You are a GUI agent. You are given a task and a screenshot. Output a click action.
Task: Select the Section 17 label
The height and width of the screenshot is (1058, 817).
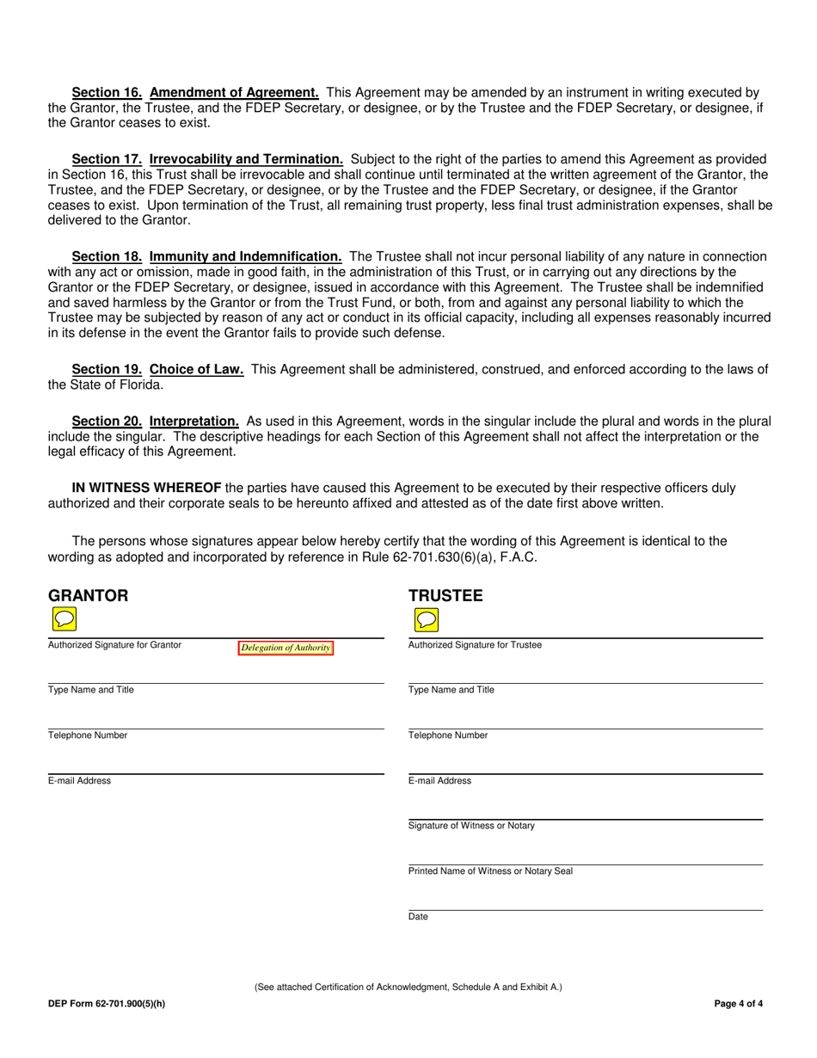coord(107,159)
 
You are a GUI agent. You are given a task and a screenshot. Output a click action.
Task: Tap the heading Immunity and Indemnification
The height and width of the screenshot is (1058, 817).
coord(245,256)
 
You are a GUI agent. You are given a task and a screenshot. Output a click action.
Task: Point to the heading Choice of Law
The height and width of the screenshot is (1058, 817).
coord(196,369)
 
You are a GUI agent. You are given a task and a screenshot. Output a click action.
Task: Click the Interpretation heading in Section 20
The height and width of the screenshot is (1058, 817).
coord(193,421)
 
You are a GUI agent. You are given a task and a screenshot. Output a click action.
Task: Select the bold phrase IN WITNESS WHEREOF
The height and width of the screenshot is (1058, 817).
coord(146,488)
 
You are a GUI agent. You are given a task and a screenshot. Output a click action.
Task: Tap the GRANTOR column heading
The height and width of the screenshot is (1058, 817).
coord(88,595)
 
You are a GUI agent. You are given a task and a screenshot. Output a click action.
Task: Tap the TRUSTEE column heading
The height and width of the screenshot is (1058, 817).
coord(445,595)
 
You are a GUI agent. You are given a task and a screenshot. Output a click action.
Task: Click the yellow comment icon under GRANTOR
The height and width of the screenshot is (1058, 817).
coord(64,619)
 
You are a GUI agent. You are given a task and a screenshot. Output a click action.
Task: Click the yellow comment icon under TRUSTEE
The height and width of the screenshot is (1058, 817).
coord(426,619)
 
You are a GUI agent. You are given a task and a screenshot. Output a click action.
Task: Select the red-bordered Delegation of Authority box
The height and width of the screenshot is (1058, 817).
coord(286,648)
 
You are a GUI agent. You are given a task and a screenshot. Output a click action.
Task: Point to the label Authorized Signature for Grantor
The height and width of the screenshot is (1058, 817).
coord(114,645)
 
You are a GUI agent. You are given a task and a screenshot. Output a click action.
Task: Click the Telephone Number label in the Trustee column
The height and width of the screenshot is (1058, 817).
coord(447,735)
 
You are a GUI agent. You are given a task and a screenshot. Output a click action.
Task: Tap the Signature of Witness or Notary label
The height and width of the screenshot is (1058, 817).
coord(470,826)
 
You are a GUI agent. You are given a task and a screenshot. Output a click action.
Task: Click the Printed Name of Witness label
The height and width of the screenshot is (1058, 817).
coord(490,871)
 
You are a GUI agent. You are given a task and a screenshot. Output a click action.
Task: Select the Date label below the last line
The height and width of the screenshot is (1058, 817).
coord(418,917)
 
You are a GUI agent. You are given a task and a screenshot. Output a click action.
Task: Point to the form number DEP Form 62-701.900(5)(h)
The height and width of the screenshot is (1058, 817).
coord(107,1004)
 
